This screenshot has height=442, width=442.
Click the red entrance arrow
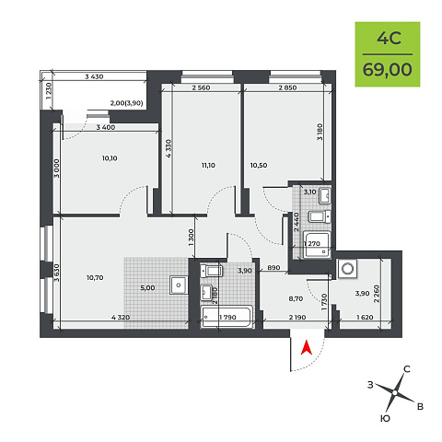(x=307, y=348)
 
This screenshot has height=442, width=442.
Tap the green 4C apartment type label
(x=389, y=39)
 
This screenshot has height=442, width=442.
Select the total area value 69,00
(x=388, y=69)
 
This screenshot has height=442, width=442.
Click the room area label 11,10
(x=208, y=166)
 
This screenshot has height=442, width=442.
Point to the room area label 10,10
(x=110, y=158)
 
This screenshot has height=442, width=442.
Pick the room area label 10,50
(x=259, y=166)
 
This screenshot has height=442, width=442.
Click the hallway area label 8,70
(x=296, y=298)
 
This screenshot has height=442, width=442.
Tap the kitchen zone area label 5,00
(x=147, y=288)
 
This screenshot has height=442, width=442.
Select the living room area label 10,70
(x=95, y=278)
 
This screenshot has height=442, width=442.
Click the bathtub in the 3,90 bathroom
(x=227, y=317)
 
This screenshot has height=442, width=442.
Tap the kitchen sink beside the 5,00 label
(x=179, y=285)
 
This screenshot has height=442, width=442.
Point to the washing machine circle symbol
(x=348, y=269)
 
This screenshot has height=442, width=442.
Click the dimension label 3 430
(x=94, y=76)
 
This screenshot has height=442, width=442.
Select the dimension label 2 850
(x=287, y=87)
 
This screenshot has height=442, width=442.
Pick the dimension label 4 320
(x=121, y=318)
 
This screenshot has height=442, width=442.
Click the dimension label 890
(x=273, y=268)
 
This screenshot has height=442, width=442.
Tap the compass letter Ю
(x=385, y=418)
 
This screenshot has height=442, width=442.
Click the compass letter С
(x=407, y=369)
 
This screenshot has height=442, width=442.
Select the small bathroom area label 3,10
(x=309, y=192)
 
